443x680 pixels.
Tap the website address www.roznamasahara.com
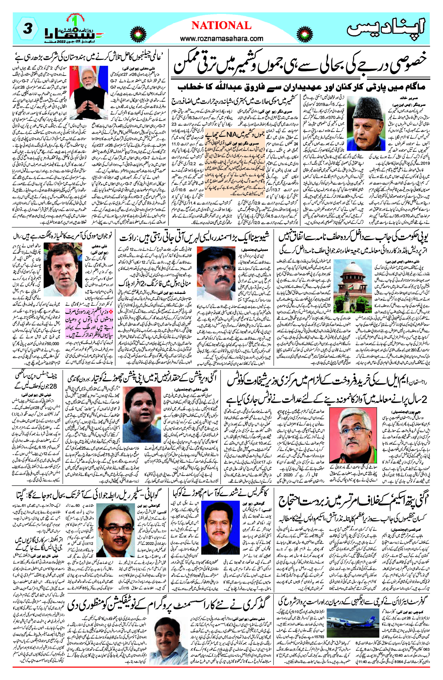tap(222, 38)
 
